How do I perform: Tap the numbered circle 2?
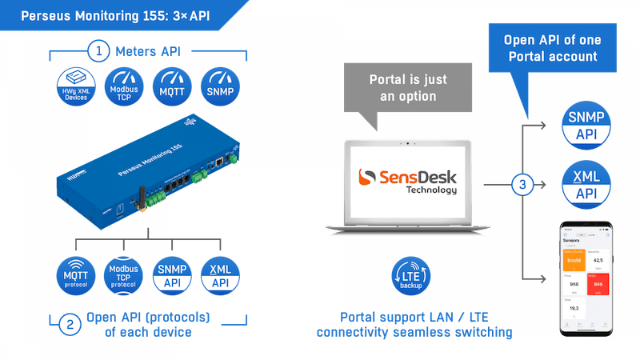[70, 323]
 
